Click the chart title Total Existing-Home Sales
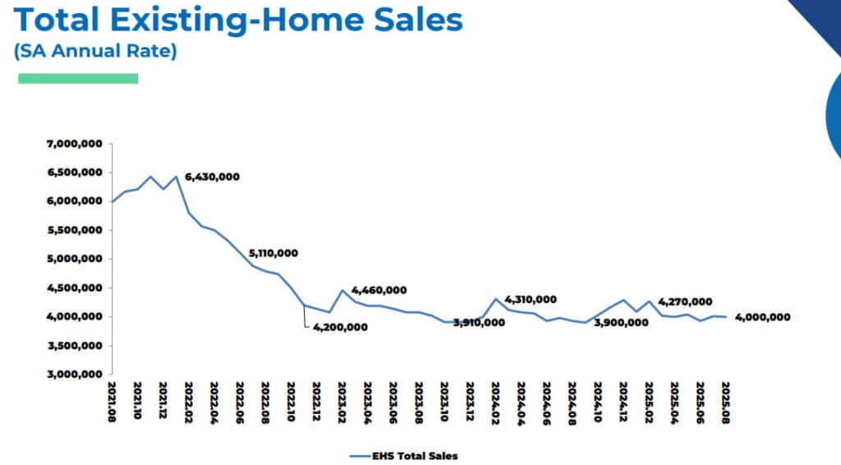238,21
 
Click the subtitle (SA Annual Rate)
95,51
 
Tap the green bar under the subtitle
78,78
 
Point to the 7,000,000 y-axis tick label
75,144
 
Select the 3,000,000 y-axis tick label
75,375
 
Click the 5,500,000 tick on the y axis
75,230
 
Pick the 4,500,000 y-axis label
75,288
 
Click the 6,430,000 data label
212,177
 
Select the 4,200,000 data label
340,327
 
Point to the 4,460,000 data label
379,290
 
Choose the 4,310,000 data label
531,300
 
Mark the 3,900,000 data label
621,323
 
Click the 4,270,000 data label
685,302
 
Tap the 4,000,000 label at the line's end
763,317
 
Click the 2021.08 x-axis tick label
111,401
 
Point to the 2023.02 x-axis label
342,401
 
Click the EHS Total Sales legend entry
403,454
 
